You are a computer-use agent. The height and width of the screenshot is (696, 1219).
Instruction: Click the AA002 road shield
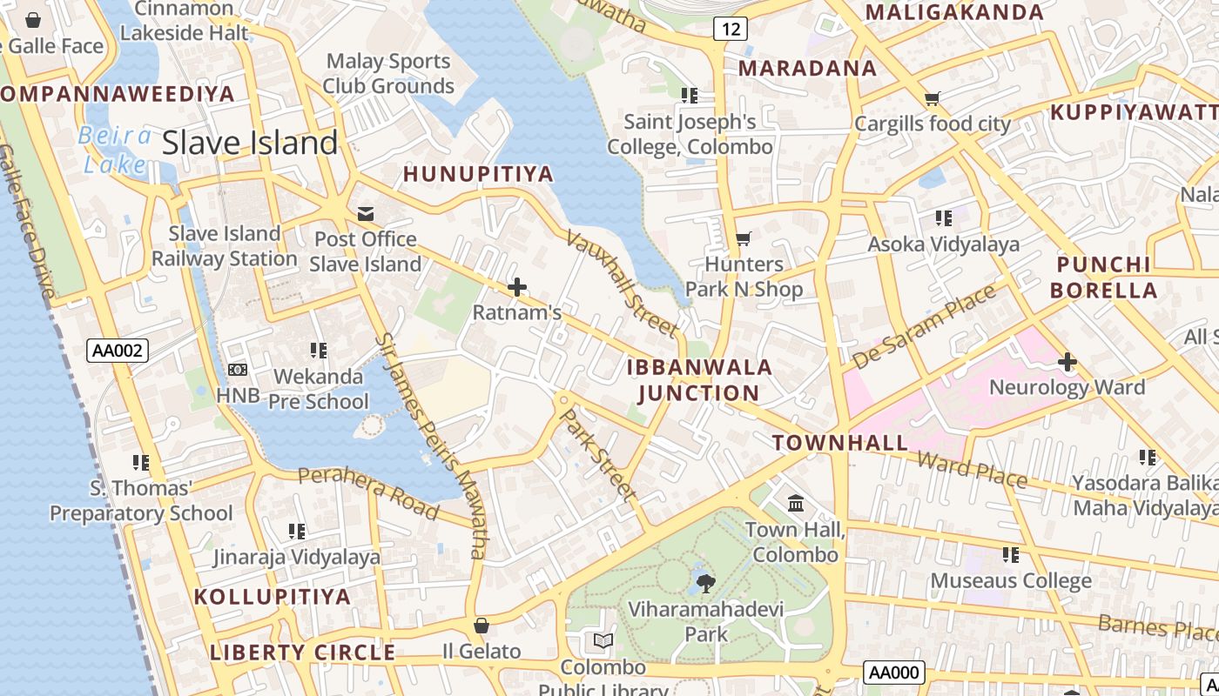[x=118, y=351]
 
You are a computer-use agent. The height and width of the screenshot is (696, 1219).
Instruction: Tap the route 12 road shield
[x=731, y=29]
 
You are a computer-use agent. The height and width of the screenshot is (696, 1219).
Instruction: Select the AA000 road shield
[x=893, y=673]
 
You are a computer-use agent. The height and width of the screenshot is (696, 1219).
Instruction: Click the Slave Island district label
[x=250, y=143]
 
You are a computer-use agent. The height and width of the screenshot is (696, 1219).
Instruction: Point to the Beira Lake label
[x=114, y=150]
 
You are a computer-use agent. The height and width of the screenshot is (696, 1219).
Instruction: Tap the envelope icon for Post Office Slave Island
[x=365, y=214]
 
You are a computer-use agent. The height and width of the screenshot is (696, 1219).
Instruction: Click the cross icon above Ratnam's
[x=517, y=286]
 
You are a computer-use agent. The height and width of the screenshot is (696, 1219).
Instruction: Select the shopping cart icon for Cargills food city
[x=932, y=98]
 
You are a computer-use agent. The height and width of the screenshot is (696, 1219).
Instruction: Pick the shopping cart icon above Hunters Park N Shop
[x=743, y=238]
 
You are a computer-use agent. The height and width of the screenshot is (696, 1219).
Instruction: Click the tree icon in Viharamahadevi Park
[x=705, y=582]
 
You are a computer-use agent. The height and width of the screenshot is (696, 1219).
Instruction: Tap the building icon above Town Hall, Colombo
[x=795, y=504]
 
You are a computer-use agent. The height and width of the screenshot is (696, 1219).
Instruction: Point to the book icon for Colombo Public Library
[x=603, y=641]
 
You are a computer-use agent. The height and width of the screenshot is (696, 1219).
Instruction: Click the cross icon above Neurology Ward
[x=1067, y=361]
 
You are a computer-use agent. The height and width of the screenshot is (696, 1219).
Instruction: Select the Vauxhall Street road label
[x=622, y=283]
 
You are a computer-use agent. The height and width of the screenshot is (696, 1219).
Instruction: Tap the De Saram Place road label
[x=924, y=326]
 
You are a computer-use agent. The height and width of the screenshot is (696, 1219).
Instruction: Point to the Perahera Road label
[x=367, y=492]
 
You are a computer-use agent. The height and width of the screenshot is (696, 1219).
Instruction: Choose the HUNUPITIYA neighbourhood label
[x=478, y=174]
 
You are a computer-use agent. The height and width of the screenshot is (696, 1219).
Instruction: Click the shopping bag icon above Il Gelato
[x=481, y=625]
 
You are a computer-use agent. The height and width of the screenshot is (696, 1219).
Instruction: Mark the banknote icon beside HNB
[x=237, y=370]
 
